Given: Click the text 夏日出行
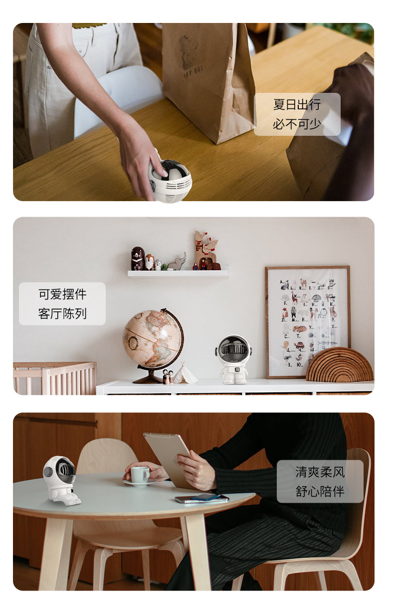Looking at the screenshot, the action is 297,104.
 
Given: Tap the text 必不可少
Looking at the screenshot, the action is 297,124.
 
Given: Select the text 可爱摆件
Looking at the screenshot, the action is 62,294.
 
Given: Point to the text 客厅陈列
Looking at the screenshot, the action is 62,313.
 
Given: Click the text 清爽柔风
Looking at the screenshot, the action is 320,472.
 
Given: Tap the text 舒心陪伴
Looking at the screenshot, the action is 320,491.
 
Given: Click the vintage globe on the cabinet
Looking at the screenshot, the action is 153,345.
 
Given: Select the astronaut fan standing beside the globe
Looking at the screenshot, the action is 233,359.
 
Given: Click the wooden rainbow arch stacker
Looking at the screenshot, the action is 340,364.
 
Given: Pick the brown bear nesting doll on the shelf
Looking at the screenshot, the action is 138,259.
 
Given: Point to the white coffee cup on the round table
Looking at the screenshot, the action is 140,474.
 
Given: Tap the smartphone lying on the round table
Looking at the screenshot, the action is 202,498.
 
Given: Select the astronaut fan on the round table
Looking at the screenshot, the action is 60,481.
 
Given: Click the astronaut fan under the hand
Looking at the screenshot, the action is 170,180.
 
